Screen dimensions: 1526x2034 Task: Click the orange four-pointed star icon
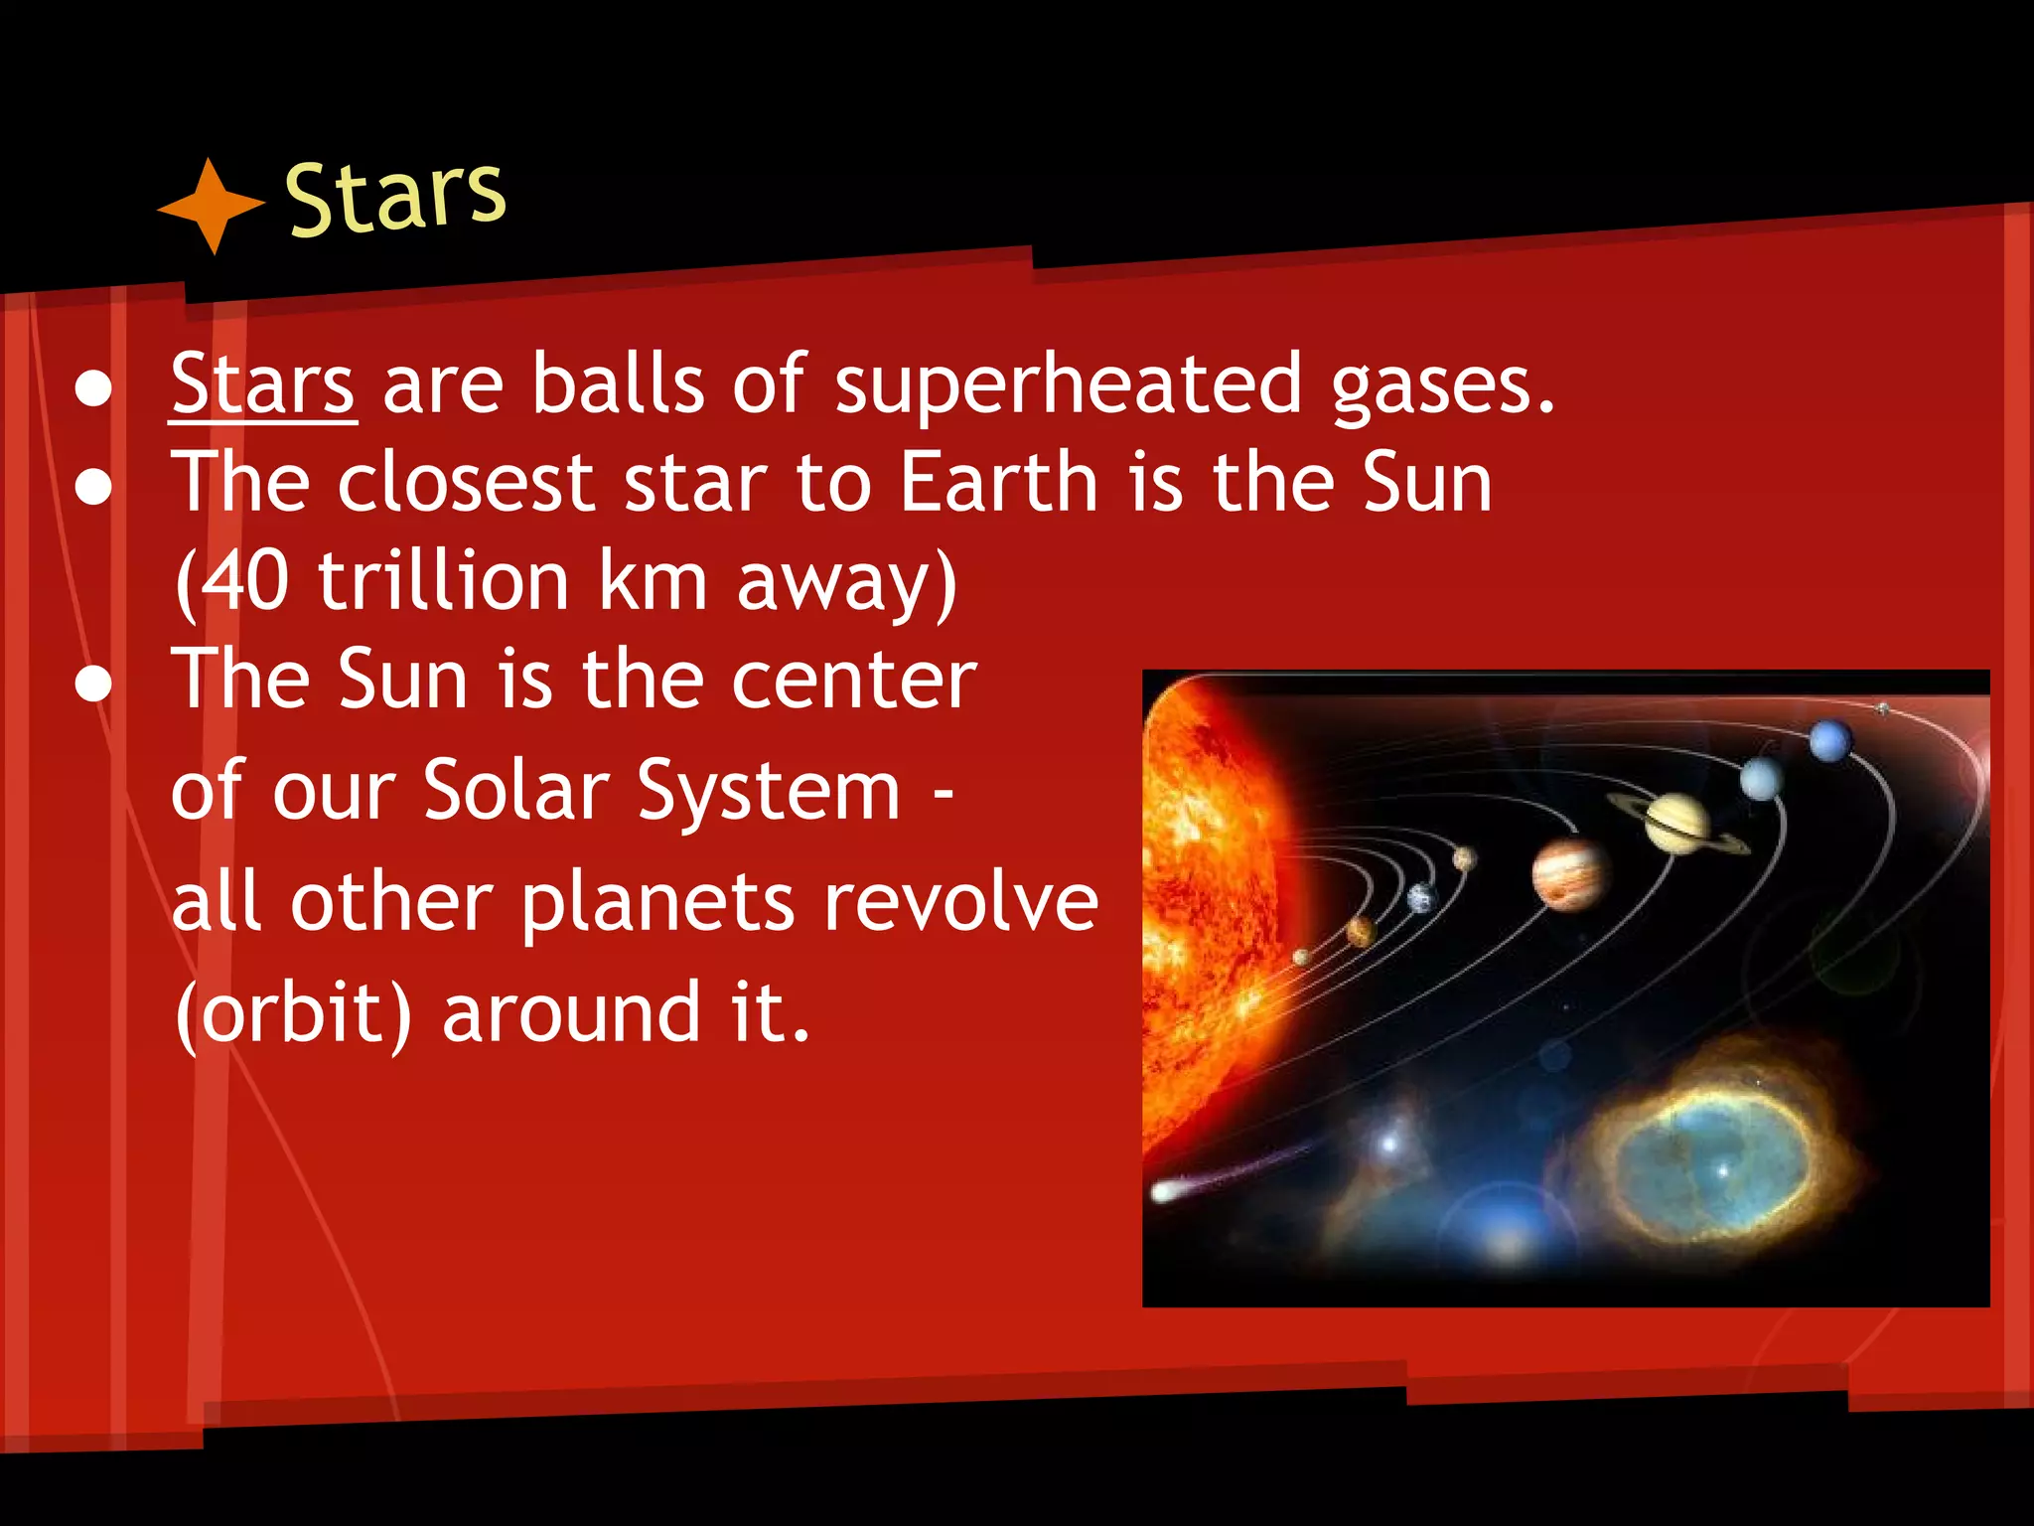pyautogui.click(x=211, y=206)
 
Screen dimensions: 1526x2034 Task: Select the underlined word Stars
pyautogui.click(x=262, y=384)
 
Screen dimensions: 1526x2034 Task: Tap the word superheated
pyautogui.click(x=1068, y=384)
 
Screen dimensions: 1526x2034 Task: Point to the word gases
pyautogui.click(x=1442, y=384)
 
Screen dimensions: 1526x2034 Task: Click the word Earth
pyautogui.click(x=998, y=482)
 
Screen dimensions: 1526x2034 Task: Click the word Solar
pyautogui.click(x=515, y=791)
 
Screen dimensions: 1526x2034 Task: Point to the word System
pyautogui.click(x=769, y=791)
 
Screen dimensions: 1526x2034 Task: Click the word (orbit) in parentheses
pyautogui.click(x=292, y=1013)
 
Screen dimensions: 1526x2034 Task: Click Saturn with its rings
pyautogui.click(x=1676, y=822)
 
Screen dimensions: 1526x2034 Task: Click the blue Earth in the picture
pyautogui.click(x=1422, y=897)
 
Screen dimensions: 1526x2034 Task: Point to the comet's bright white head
pyautogui.click(x=1163, y=1191)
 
